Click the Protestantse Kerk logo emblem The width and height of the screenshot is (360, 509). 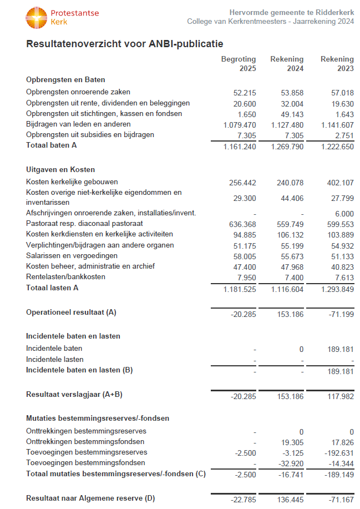(x=36, y=18)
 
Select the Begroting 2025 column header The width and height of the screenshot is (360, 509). (x=239, y=64)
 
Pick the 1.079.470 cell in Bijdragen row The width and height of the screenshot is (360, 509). (x=240, y=125)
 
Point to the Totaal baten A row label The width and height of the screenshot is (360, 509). (x=52, y=145)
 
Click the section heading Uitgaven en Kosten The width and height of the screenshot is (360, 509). (x=60, y=169)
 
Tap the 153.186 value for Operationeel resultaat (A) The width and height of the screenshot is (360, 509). (x=290, y=314)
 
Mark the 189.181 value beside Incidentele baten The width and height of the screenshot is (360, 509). (x=340, y=349)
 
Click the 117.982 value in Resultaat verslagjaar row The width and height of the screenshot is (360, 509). (x=340, y=396)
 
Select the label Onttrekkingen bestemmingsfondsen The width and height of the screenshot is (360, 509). (x=85, y=441)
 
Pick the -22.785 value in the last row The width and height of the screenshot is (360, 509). (x=243, y=500)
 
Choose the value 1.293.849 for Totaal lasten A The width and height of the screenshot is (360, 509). (x=337, y=289)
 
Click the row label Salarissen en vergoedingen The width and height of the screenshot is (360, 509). (x=72, y=255)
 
